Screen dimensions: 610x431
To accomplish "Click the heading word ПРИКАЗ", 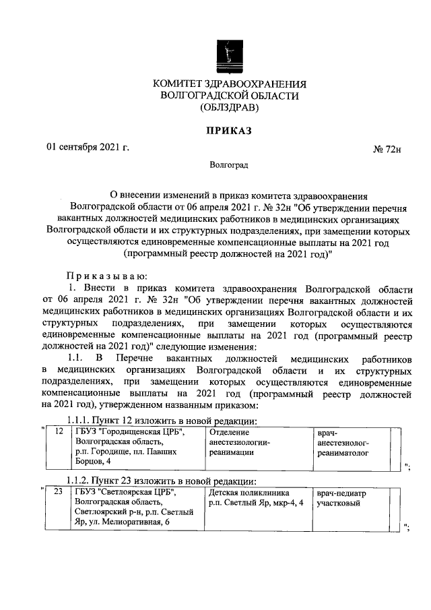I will point(229,131).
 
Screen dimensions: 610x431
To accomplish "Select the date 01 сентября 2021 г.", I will point(87,147).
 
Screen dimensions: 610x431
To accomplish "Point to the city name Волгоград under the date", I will point(228,164).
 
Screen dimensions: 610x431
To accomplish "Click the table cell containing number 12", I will point(59,432).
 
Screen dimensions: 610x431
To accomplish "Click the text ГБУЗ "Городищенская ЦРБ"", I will point(129,432).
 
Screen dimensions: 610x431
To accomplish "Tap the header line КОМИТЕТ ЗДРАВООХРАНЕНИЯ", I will point(229,84).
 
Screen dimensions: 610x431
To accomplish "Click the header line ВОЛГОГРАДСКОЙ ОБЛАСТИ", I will point(229,96).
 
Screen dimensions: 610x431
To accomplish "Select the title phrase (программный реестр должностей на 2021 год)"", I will point(229,254).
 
